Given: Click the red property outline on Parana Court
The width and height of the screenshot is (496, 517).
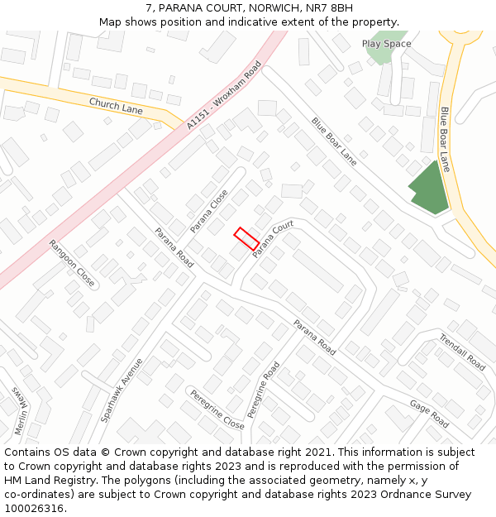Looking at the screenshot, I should coord(246,238).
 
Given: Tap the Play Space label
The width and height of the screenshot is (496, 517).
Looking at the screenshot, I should coord(386,44).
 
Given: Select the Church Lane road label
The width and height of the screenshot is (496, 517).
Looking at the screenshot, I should coord(116,106).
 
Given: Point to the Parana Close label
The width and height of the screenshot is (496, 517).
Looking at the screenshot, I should coord(209,211).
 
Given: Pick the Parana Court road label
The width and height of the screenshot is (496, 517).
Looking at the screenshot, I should coord(274,239).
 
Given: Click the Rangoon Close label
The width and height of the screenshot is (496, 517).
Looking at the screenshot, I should coord(72,264).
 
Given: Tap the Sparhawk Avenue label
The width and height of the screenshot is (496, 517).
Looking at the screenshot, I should coord(122,390).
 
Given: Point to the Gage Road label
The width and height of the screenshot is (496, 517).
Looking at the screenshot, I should coord(429,414).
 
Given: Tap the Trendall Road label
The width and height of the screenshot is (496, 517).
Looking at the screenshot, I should coord(461,352).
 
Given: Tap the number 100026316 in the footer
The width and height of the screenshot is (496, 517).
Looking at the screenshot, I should coord(33,509).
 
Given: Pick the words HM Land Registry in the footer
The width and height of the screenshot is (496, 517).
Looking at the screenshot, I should coord(45,481).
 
